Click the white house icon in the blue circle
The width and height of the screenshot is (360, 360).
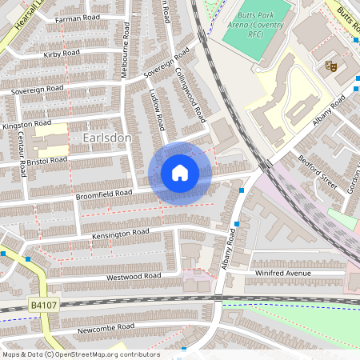coord(179,173)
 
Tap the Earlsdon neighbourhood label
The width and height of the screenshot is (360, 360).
coord(106,138)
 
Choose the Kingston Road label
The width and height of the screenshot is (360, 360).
coord(26,125)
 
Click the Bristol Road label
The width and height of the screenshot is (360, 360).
coord(47,161)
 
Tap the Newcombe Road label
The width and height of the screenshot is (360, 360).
coord(106,328)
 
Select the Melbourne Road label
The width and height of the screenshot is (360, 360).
coord(125,50)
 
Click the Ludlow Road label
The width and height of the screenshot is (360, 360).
coord(157,112)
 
